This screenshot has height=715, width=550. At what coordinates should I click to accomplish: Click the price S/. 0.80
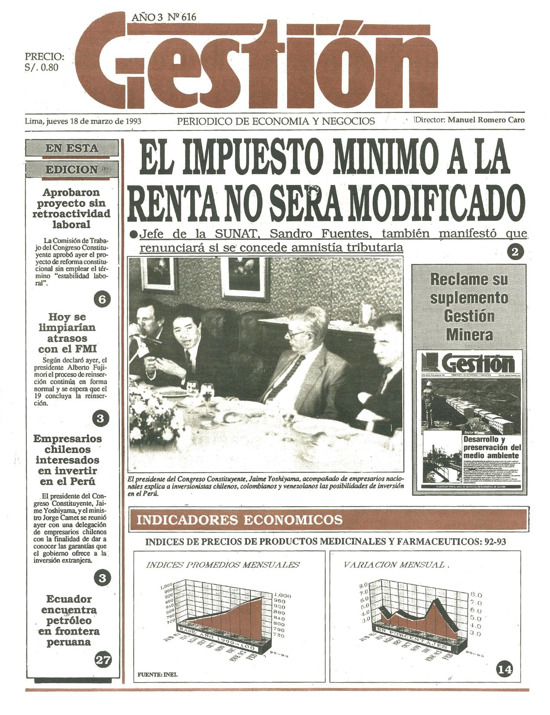point(42,67)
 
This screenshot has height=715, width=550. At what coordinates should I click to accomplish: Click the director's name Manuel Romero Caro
point(486,120)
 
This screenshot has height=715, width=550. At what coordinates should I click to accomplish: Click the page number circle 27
point(102,660)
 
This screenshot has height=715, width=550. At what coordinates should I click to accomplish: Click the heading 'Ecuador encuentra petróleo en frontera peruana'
point(69,620)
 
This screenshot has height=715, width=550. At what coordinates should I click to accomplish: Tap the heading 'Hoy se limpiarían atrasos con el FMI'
point(67,333)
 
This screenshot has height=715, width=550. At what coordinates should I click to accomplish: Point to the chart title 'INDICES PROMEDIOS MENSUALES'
point(223,565)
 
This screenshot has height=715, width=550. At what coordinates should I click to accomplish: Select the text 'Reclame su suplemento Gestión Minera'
point(469,307)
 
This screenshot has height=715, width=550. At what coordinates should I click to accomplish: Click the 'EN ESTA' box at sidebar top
point(72,148)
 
